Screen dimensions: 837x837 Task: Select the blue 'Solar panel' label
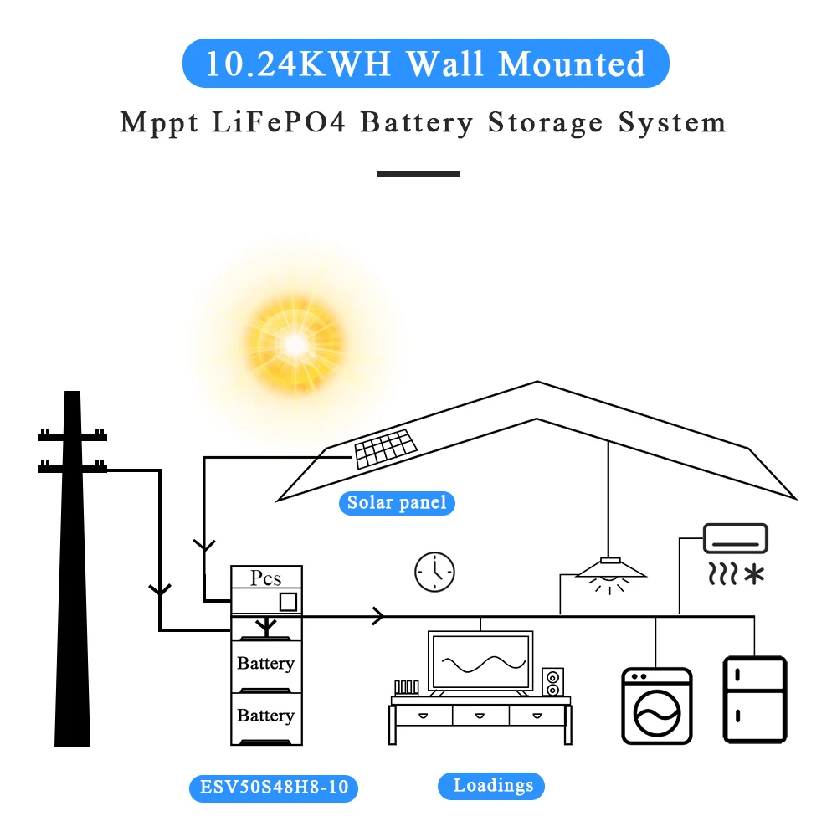coord(397,503)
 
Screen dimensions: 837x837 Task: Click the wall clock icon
coord(434,573)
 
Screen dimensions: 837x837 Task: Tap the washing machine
coord(656,706)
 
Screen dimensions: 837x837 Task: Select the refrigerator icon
coord(755,701)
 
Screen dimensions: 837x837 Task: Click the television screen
coord(480,661)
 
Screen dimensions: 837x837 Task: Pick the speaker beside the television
coord(552,681)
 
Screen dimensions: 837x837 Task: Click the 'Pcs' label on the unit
coord(266,578)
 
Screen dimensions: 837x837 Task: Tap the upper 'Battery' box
coord(266,664)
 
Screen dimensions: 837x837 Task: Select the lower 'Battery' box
coord(266,716)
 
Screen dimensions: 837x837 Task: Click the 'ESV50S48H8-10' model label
coord(274,788)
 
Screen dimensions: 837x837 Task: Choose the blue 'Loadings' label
coord(493,786)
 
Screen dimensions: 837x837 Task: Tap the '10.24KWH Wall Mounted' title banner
coord(425,64)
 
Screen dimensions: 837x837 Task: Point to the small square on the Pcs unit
coord(288,602)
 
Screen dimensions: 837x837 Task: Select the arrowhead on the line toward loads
coord(378,617)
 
